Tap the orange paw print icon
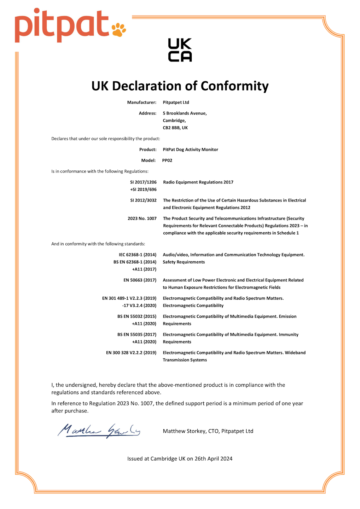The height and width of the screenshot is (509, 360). [119, 30]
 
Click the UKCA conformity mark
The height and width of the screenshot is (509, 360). [180, 50]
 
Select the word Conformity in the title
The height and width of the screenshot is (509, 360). [234, 86]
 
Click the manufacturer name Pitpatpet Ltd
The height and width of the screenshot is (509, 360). [176, 103]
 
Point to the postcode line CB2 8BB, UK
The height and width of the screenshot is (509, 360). [175, 128]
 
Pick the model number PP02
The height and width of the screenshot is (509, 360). [167, 160]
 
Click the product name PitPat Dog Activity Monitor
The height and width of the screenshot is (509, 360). [190, 150]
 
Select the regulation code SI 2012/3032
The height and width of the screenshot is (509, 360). [143, 200]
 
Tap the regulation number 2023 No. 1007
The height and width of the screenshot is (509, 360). [142, 218]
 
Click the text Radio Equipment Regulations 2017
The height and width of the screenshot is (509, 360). [198, 182]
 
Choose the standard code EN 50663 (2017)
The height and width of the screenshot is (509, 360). [140, 280]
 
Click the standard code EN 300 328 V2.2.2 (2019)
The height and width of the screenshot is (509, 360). [131, 353]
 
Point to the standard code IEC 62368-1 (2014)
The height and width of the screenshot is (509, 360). [137, 255]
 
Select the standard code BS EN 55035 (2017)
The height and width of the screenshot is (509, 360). [137, 335]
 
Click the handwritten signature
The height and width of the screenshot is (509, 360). [99, 431]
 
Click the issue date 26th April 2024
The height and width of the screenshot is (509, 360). [213, 459]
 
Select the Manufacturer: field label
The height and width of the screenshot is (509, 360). [141, 103]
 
